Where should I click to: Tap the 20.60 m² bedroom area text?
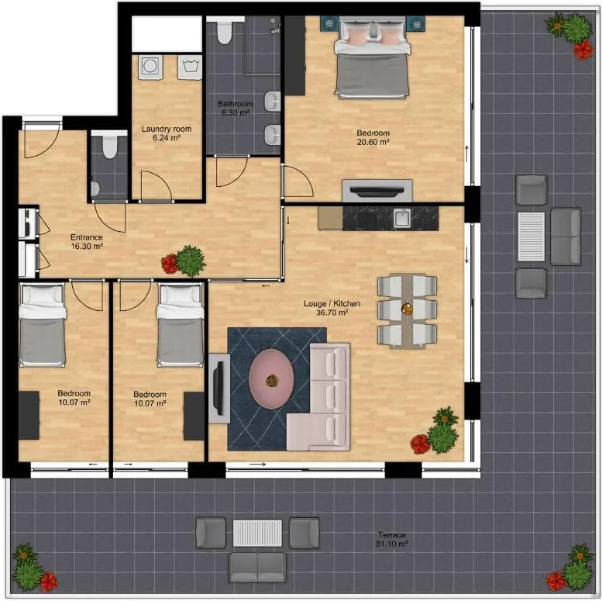pos(373,142)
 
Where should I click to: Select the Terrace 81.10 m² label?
pos(391,539)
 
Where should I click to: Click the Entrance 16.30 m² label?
pos(87,242)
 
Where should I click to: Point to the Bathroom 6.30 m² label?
pos(236,108)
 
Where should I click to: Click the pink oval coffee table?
pos(271,379)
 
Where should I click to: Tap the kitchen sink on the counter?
pos(402,218)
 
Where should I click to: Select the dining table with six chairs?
pos(407,310)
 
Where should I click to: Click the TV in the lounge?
pos(220,388)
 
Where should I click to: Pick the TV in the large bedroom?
pos(377,190)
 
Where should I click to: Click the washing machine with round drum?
pos(150,67)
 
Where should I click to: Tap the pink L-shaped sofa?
pos(318,397)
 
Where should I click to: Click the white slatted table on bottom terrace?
pos(257,533)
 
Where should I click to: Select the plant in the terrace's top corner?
pos(571,34)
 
